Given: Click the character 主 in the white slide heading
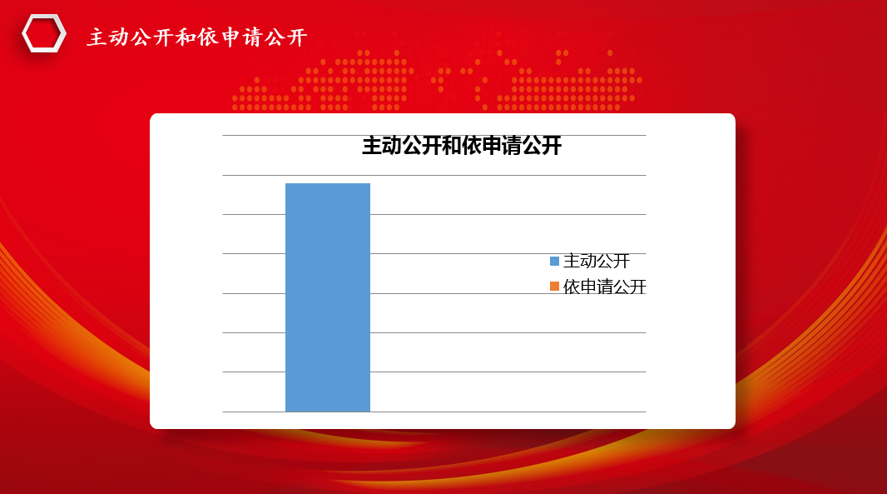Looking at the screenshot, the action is pyautogui.click(x=97, y=37).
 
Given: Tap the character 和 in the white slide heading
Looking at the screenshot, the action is pyautogui.click(x=186, y=37).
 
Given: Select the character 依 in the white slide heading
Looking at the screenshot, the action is pyautogui.click(x=208, y=37).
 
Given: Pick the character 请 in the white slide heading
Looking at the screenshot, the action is pyautogui.click(x=252, y=37).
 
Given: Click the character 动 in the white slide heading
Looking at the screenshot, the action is pyautogui.click(x=119, y=37).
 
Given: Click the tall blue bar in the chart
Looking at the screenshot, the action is pyautogui.click(x=328, y=297).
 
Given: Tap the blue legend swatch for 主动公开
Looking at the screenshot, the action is pyautogui.click(x=554, y=262).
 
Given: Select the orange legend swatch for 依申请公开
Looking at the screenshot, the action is pyautogui.click(x=554, y=287).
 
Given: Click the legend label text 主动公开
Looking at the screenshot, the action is pyautogui.click(x=597, y=262).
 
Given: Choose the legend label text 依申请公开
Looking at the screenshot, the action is pyautogui.click(x=604, y=287).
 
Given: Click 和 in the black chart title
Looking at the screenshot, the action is pyautogui.click(x=452, y=146).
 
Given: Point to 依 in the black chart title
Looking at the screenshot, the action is pyautogui.click(x=472, y=146).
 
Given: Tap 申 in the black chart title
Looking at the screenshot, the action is pyautogui.click(x=492, y=146).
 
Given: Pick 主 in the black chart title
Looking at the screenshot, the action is pyautogui.click(x=372, y=146).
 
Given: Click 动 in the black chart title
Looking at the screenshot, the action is pyautogui.click(x=392, y=146).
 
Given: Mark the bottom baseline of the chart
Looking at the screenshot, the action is pyautogui.click(x=434, y=412).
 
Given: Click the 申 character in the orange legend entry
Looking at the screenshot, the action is pyautogui.click(x=587, y=287).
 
